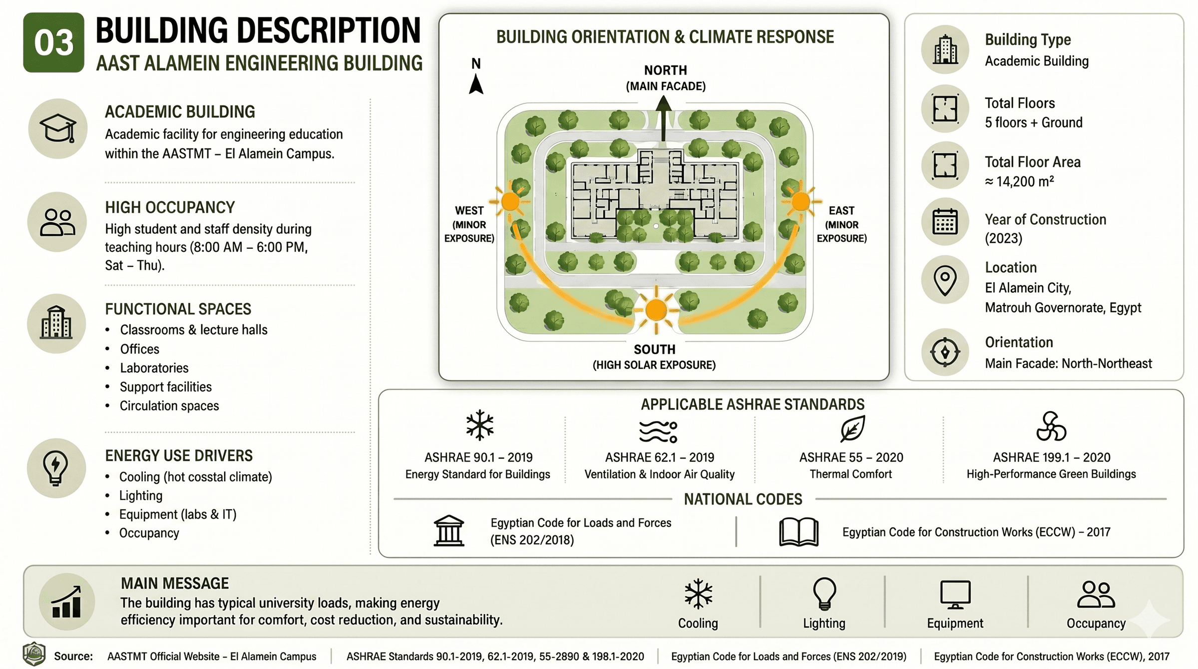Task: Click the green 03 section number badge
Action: click(x=53, y=42)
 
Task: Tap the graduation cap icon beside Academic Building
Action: click(x=58, y=128)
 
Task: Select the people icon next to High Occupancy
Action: click(x=57, y=222)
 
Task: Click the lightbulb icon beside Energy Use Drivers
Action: click(x=56, y=468)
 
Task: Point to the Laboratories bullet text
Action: click(x=154, y=368)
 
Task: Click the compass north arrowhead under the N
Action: click(x=476, y=84)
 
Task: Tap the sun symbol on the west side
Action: click(x=510, y=202)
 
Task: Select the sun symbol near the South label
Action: click(x=656, y=310)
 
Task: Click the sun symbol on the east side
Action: click(x=800, y=202)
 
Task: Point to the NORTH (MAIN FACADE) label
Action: click(x=666, y=78)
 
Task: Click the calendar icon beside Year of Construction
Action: click(x=945, y=222)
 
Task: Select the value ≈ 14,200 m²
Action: click(x=1019, y=181)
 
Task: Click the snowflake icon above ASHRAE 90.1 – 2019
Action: click(x=479, y=425)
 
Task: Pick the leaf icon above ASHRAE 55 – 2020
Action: click(x=852, y=428)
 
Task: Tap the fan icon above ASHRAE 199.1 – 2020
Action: click(x=1051, y=426)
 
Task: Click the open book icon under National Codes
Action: click(x=799, y=532)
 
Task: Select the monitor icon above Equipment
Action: click(x=955, y=595)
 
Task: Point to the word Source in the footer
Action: click(x=73, y=656)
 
